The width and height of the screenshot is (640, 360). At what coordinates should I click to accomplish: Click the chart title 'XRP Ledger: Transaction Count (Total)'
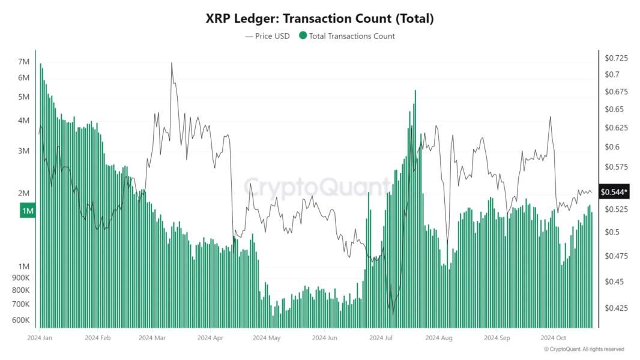(319, 19)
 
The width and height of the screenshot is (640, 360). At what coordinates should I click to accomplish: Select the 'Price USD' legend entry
(267, 36)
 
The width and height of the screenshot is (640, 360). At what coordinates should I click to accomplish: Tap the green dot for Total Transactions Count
(303, 36)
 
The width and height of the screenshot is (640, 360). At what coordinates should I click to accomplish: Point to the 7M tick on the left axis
(24, 62)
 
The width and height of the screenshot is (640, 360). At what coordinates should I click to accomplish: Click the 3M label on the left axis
(24, 151)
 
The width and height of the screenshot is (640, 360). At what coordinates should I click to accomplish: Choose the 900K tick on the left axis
(20, 278)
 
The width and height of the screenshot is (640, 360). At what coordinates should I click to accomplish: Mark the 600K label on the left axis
(20, 320)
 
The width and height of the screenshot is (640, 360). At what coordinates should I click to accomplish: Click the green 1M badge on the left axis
(28, 211)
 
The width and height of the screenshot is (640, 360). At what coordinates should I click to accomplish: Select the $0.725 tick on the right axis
(616, 58)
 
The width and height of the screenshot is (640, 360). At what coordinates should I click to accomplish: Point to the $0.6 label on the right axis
(612, 147)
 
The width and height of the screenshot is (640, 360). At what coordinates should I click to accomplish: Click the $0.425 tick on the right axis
(616, 308)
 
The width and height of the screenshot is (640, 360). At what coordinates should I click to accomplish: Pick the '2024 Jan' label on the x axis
(40, 338)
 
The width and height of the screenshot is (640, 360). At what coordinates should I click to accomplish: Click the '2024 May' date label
(267, 338)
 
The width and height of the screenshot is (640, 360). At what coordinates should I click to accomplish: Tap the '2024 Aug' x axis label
(438, 338)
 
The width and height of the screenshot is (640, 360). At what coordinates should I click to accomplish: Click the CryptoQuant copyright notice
(584, 349)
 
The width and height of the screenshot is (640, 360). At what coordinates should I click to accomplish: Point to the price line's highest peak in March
(172, 63)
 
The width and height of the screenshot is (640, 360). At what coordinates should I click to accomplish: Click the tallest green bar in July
(415, 91)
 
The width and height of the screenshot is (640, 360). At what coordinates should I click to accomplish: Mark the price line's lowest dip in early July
(393, 313)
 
